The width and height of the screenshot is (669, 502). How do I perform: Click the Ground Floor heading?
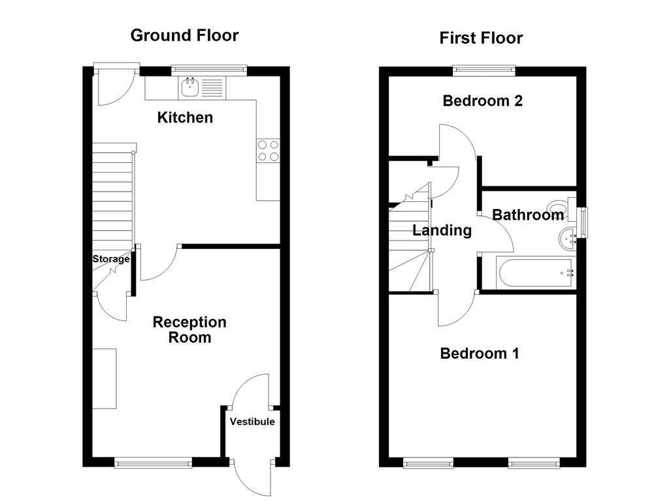pos(184,35)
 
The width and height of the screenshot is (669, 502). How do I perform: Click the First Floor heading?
pos(481,38)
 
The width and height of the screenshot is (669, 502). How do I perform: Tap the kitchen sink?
pos(190,86)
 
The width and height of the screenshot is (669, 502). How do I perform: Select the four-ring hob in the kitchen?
pos(268,150)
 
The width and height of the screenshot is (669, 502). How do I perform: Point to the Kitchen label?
pos(186,118)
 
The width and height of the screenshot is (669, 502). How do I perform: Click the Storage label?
pos(110,259)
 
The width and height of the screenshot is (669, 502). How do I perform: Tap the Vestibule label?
pos(252,422)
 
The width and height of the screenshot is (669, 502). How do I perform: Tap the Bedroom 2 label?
pos(482,101)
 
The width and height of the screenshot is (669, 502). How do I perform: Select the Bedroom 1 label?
pos(480,354)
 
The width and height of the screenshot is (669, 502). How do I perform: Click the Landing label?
pos(442,230)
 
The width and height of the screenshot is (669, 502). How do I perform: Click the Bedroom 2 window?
pos(484,69)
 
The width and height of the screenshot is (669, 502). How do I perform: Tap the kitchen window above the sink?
pos(209,69)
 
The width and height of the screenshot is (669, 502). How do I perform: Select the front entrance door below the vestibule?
pos(252,477)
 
